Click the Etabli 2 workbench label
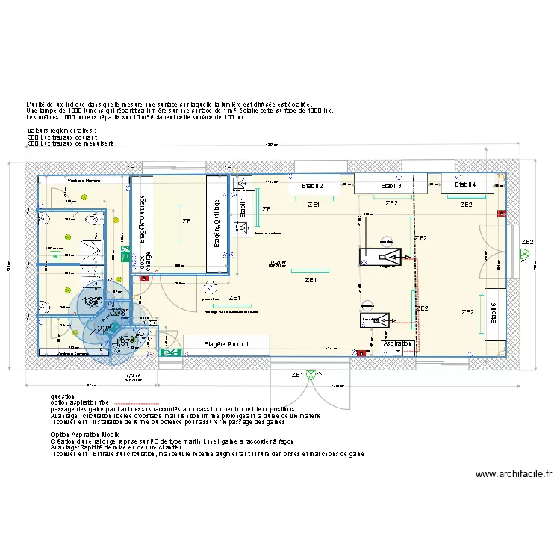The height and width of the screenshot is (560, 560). click(311, 185)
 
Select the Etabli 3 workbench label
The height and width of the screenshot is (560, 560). click(391, 185)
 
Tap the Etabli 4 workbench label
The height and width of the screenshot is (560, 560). click(466, 184)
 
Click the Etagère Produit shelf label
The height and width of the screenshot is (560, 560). click(226, 344)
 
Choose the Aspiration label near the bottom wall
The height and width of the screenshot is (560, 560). click(397, 344)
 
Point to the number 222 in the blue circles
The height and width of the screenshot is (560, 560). click(100, 329)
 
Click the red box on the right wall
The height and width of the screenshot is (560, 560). click(502, 214)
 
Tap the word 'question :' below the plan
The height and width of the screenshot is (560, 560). click(64, 396)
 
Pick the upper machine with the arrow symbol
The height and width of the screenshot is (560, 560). click(385, 258)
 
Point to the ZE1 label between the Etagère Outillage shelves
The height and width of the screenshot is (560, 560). click(187, 221)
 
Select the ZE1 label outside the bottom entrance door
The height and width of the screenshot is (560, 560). click(297, 375)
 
